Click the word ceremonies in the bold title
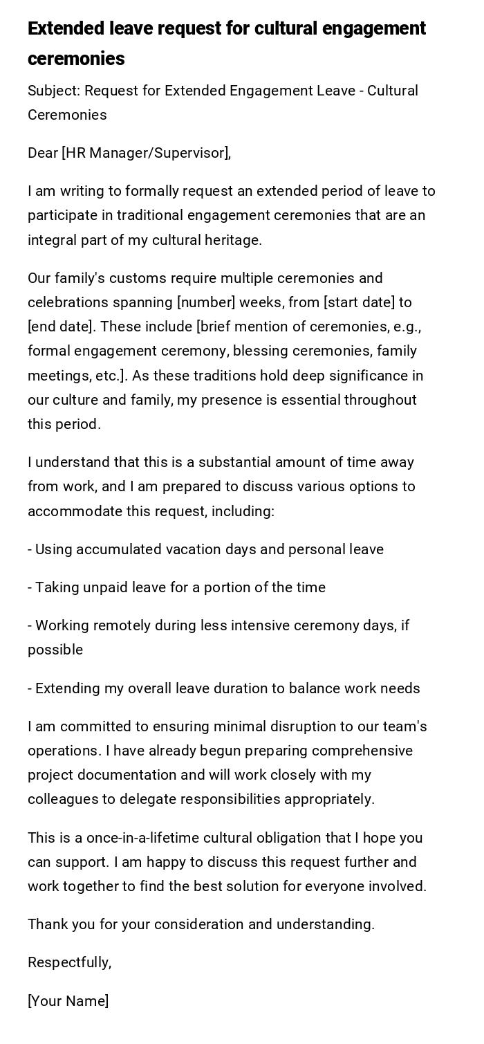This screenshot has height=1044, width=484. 76,59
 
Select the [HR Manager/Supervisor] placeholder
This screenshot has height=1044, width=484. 145,153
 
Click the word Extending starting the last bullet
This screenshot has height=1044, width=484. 67,688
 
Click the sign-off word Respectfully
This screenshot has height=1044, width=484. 68,962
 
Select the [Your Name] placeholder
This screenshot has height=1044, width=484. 68,1001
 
